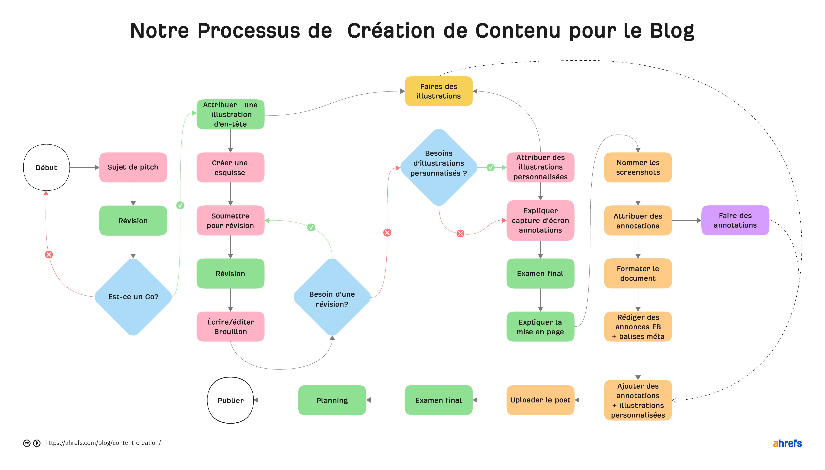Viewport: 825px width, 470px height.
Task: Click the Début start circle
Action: tap(46, 167)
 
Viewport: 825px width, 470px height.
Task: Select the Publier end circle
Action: tap(230, 400)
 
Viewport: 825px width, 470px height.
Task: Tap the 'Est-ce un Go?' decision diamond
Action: tap(133, 297)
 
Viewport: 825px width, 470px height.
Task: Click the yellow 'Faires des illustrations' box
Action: tap(438, 91)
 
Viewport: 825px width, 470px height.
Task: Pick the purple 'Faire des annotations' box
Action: tap(735, 220)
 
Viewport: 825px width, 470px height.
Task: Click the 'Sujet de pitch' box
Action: tap(133, 167)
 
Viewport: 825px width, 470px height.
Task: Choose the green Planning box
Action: tap(332, 400)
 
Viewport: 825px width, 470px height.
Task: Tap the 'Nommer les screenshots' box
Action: tap(638, 167)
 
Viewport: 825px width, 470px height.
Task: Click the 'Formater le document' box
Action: tap(638, 273)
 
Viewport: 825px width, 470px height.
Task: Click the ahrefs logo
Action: tap(787, 444)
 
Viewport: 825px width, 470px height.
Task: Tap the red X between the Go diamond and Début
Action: tap(49, 255)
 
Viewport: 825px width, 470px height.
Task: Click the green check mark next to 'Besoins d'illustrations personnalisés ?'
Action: tap(490, 167)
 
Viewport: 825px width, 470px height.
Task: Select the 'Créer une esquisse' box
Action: tap(230, 167)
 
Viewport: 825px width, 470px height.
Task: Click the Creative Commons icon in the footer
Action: tap(27, 443)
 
